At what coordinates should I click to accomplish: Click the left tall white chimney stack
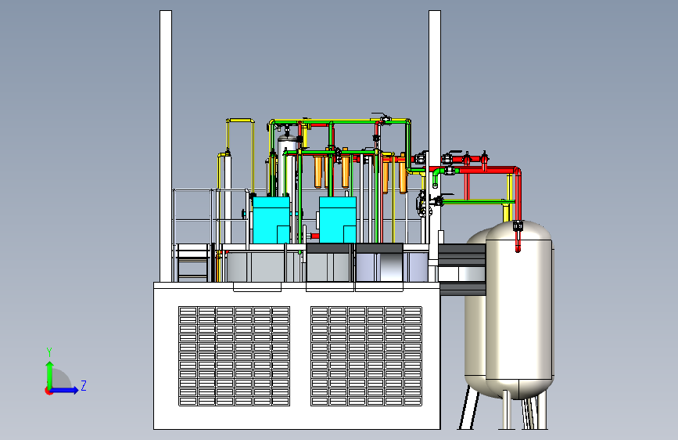pos(166,146)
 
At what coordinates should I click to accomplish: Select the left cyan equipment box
pos(271,220)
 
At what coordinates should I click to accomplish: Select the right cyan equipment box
pos(338,220)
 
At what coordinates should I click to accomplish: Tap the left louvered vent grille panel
pos(235,356)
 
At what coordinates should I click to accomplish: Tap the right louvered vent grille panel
pos(366,356)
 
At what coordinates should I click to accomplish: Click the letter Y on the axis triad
pos(49,352)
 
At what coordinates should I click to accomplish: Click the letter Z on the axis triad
pos(84,385)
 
